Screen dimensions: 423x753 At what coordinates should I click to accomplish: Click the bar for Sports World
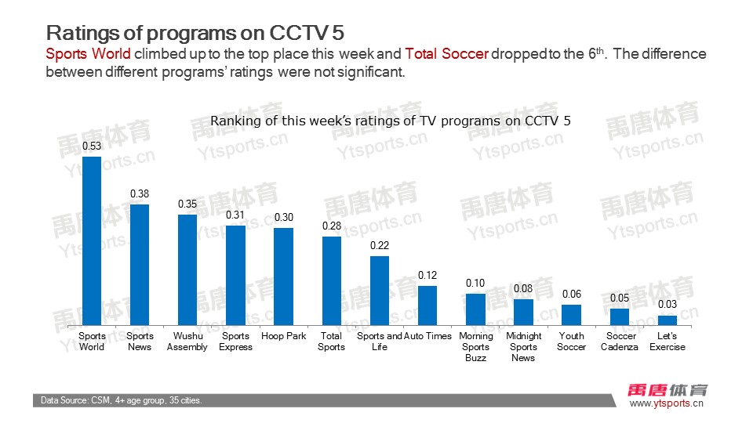(92, 241)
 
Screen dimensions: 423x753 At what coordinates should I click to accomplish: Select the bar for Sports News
(140, 265)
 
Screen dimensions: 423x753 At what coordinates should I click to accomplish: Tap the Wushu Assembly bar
(187, 269)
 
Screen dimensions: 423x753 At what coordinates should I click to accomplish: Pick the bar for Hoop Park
(283, 277)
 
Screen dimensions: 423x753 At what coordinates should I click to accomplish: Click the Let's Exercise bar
(668, 320)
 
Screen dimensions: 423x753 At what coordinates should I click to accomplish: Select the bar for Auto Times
(427, 305)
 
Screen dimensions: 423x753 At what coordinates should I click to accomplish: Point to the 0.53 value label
(92, 146)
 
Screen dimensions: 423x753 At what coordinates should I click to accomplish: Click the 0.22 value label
(380, 245)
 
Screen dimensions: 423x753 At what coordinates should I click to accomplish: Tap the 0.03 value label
(668, 305)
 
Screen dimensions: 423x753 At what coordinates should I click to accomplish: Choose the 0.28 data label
(331, 226)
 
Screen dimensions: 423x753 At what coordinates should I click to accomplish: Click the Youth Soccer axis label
(571, 342)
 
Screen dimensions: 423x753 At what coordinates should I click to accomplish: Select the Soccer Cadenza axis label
(620, 342)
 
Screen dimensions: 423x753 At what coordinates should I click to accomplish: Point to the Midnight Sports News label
(524, 347)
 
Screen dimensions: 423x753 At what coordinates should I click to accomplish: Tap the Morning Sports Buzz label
(475, 347)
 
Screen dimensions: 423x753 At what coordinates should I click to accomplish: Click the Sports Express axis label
(235, 342)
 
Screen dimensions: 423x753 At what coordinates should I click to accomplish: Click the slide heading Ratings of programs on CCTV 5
(195, 33)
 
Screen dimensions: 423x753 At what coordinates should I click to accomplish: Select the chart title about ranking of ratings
(391, 121)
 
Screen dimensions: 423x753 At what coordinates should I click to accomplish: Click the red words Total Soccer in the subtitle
(447, 54)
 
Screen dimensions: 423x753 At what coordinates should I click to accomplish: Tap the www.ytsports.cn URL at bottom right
(667, 403)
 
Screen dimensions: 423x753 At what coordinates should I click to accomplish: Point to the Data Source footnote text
(122, 401)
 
